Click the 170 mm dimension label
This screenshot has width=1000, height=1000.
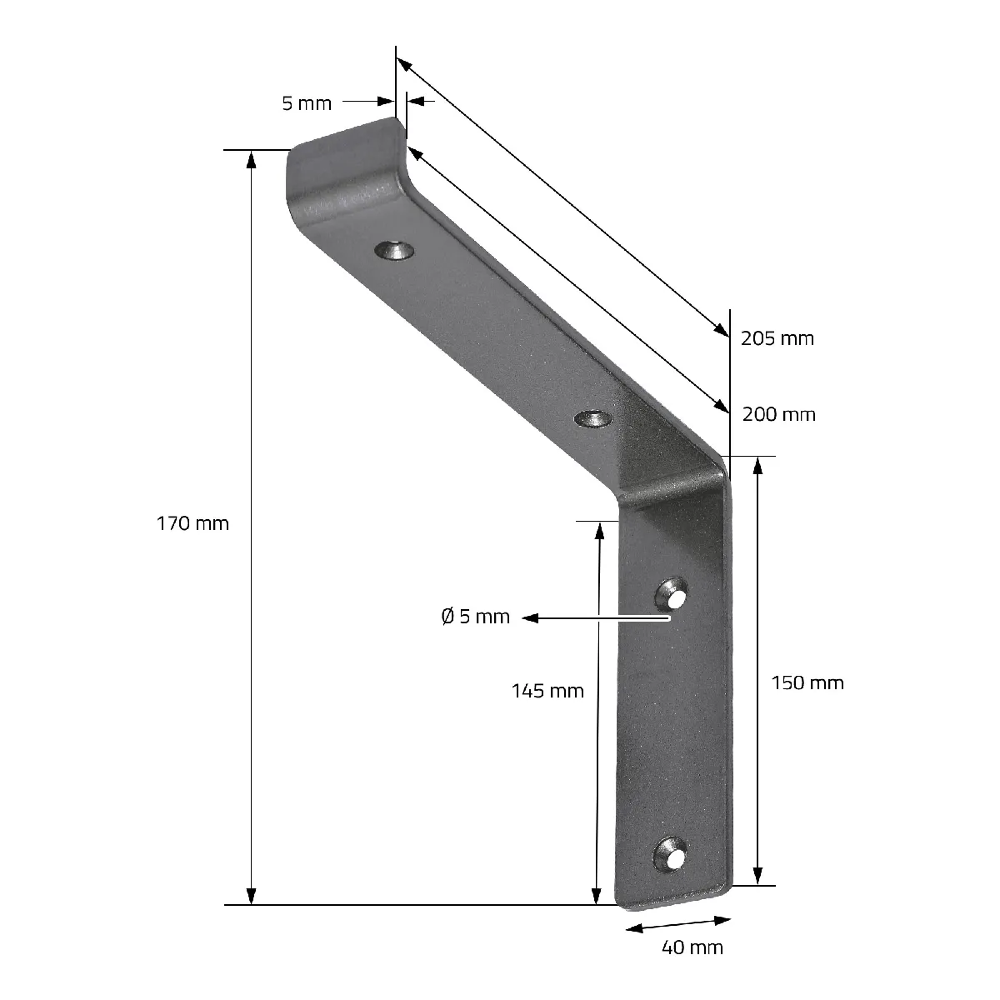tap(192, 523)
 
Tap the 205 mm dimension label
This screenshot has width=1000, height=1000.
tap(777, 338)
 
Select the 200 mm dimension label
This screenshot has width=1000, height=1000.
tap(778, 414)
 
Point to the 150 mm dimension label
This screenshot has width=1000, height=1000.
tap(807, 683)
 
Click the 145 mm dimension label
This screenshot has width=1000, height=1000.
tap(547, 691)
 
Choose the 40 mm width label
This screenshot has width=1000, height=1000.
tap(692, 947)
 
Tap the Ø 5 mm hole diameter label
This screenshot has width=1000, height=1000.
tap(475, 617)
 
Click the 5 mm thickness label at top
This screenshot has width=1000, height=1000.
tap(307, 103)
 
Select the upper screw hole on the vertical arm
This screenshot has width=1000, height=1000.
tap(672, 593)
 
